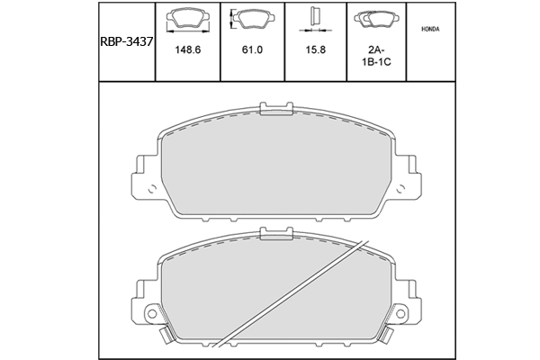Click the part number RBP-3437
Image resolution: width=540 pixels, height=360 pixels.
coord(125,40)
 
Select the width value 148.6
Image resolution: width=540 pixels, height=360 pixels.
coord(187,50)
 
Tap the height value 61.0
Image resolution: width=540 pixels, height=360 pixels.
coord(252,50)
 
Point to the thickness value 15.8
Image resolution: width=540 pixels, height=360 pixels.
coord(315,50)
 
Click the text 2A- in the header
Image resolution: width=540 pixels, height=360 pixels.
coord(376,50)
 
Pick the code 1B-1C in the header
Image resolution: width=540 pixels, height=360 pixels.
coord(376,66)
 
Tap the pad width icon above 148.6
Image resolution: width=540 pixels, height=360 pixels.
coord(187,19)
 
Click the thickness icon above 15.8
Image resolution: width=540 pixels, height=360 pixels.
coord(315,18)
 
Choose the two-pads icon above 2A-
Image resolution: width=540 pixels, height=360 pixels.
coord(376,19)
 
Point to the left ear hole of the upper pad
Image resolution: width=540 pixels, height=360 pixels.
coord(149,190)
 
